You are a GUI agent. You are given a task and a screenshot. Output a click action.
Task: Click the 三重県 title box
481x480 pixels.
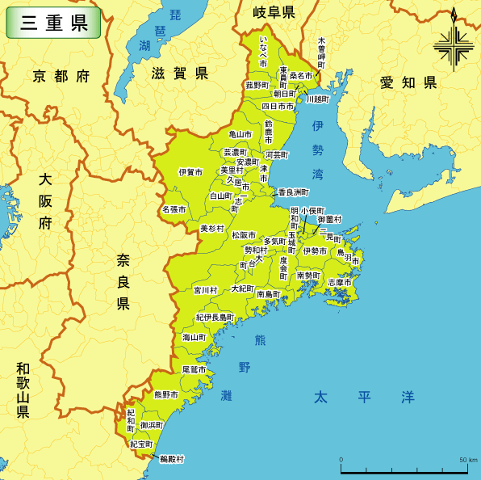click(x=54, y=23)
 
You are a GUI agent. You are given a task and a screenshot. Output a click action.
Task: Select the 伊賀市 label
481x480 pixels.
click(x=190, y=172)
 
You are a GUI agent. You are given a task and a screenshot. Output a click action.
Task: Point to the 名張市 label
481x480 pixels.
click(x=174, y=209)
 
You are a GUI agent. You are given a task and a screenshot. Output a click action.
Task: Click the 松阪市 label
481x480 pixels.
click(x=244, y=235)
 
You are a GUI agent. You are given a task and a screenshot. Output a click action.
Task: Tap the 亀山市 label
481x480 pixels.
click(x=240, y=134)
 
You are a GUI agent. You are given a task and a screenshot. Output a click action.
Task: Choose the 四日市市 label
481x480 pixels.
click(x=278, y=106)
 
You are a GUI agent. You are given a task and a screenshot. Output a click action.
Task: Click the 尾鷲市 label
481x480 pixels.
click(x=194, y=368)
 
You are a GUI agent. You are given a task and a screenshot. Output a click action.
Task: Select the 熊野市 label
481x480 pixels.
click(x=165, y=395)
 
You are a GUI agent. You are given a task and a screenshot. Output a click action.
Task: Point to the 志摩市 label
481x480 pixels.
click(x=339, y=282)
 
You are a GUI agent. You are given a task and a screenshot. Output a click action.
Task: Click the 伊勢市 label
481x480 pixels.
click(x=315, y=251)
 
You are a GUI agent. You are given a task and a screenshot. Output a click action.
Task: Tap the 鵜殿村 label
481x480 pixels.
click(x=171, y=459)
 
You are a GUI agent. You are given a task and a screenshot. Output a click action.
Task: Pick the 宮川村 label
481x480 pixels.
click(x=205, y=289)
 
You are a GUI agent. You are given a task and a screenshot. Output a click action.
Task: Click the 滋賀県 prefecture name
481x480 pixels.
click(x=179, y=74)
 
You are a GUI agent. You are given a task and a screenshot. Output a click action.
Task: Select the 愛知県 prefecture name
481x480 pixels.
click(x=408, y=82)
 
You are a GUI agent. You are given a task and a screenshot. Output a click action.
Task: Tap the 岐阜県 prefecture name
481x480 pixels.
click(x=274, y=12)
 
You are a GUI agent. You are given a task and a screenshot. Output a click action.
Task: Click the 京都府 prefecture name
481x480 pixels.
click(x=61, y=77)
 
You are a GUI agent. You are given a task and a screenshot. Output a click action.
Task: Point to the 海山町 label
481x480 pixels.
click(x=194, y=337)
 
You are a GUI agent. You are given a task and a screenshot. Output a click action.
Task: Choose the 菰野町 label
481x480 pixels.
click(x=258, y=85)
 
